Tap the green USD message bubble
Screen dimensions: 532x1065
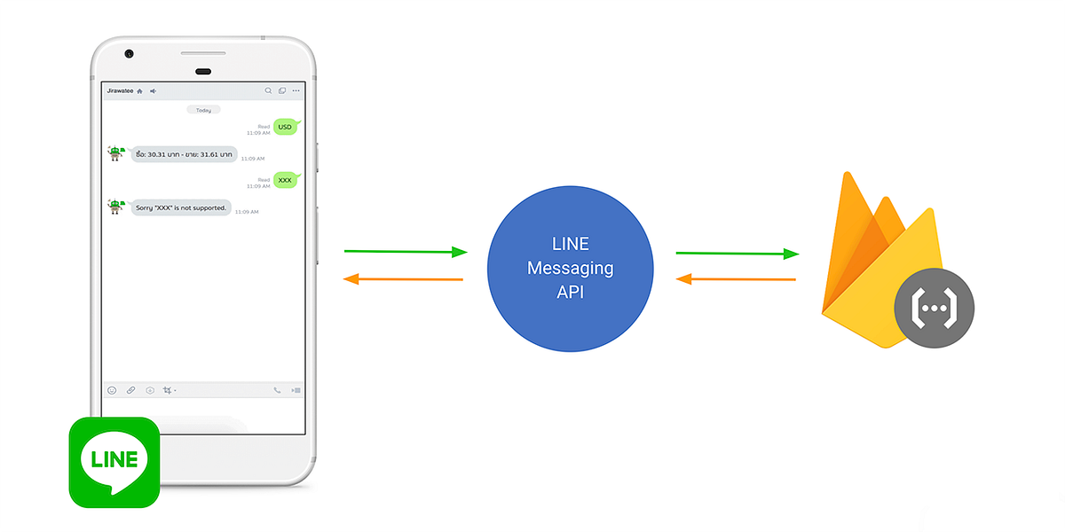[285, 127]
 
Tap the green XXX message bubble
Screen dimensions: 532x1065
[285, 180]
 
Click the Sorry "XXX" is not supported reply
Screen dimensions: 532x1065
[181, 207]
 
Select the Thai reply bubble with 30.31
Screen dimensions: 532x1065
[184, 154]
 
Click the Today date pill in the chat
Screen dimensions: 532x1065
[203, 110]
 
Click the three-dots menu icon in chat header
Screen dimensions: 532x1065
[296, 90]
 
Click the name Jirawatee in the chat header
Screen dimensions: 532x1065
[120, 90]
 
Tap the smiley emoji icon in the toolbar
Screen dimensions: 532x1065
[112, 390]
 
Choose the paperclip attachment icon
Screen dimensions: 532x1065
[130, 390]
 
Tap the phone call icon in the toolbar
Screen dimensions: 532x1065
[277, 390]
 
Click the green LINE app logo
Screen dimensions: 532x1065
[114, 462]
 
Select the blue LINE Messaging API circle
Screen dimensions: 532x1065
[571, 269]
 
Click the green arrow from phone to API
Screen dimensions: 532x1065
[405, 252]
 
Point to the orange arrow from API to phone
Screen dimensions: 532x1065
[403, 279]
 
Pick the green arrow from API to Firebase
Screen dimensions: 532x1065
[737, 254]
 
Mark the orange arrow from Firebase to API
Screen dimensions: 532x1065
[736, 279]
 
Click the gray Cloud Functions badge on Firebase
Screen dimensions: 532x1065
[935, 308]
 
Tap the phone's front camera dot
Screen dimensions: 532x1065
[130, 54]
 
